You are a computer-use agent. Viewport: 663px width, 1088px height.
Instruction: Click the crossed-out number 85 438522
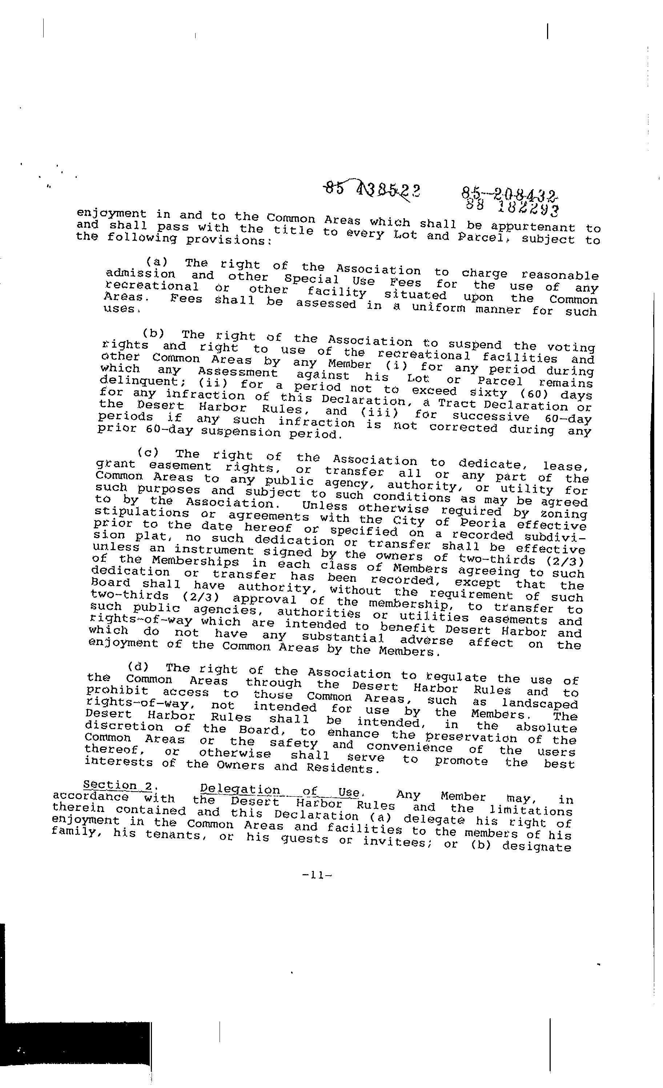click(372, 190)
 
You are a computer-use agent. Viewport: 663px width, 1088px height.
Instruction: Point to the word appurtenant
click(533, 227)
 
